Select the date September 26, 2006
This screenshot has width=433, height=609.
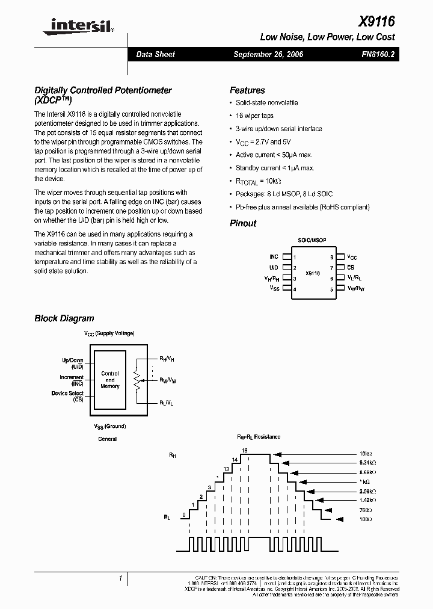pyautogui.click(x=268, y=54)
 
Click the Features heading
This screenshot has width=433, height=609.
pyautogui.click(x=247, y=90)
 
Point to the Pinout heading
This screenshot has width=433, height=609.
pyautogui.click(x=243, y=223)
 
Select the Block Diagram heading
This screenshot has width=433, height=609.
pyautogui.click(x=64, y=318)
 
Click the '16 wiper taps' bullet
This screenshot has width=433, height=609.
pyautogui.click(x=254, y=116)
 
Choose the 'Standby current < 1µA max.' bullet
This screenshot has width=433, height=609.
pyautogui.click(x=275, y=168)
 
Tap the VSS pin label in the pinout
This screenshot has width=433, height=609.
pyautogui.click(x=274, y=289)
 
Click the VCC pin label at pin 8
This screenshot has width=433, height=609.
pyautogui.click(x=352, y=257)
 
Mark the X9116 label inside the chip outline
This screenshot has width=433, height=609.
pyautogui.click(x=312, y=273)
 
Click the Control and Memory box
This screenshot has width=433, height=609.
pyautogui.click(x=110, y=380)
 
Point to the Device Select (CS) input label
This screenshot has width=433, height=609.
pyautogui.click(x=67, y=396)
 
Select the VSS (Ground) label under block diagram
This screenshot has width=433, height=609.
pyautogui.click(x=109, y=426)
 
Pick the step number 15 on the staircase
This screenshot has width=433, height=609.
pyautogui.click(x=244, y=450)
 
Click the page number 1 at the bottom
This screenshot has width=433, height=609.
pyautogui.click(x=121, y=578)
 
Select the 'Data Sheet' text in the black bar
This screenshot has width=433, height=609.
pyautogui.click(x=155, y=54)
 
